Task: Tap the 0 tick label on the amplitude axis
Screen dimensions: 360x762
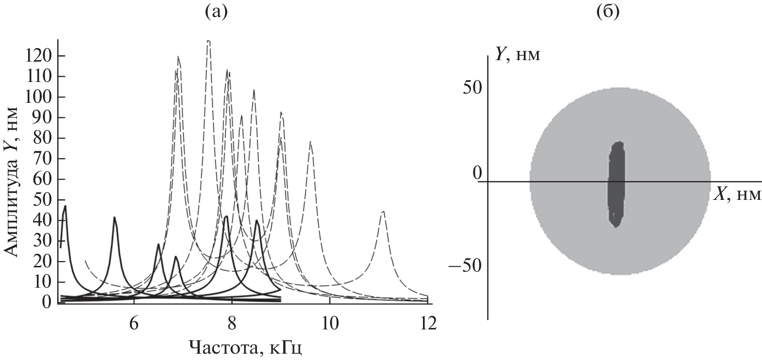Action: [x=47, y=303]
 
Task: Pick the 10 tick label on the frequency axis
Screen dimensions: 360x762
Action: [x=329, y=323]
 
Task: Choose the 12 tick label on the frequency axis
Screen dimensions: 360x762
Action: [x=427, y=323]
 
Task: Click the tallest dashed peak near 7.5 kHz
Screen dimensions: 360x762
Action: [x=208, y=42]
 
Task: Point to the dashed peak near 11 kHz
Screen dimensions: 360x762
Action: [x=383, y=212]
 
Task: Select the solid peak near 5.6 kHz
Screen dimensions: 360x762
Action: [x=114, y=218]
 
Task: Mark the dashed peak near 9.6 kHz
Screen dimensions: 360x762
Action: [x=310, y=143]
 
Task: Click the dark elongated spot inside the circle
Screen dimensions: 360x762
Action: [x=616, y=183]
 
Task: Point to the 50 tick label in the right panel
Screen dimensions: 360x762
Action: [x=473, y=87]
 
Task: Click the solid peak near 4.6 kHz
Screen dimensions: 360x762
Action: [x=65, y=207]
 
